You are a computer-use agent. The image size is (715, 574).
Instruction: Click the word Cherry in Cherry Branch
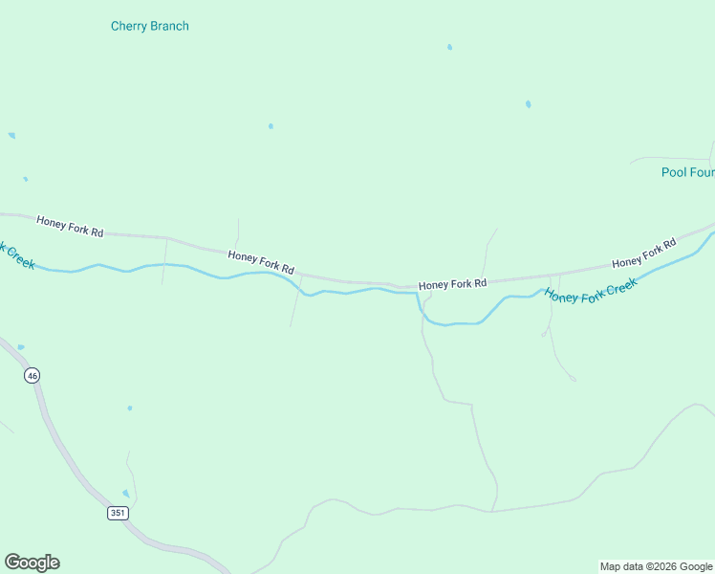click(x=129, y=26)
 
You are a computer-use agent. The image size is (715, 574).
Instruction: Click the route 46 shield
click(x=32, y=376)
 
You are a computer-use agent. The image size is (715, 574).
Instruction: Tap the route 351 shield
click(x=118, y=513)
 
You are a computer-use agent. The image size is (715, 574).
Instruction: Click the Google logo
click(x=32, y=563)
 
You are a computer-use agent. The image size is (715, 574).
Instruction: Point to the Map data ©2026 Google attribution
click(x=656, y=566)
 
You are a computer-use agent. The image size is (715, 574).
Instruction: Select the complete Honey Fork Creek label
click(x=590, y=285)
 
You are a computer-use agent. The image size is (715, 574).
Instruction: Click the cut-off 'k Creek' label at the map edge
click(x=16, y=255)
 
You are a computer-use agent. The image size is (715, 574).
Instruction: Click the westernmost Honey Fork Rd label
click(x=70, y=227)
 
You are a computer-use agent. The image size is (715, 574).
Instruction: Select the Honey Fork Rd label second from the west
click(x=260, y=262)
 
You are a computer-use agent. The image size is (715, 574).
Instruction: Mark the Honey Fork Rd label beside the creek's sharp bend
click(x=452, y=284)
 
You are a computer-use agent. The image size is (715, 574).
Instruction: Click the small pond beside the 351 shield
click(x=125, y=494)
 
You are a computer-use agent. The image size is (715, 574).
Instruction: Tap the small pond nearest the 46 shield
click(x=21, y=347)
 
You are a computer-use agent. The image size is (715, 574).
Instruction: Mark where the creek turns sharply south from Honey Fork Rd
click(x=418, y=295)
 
